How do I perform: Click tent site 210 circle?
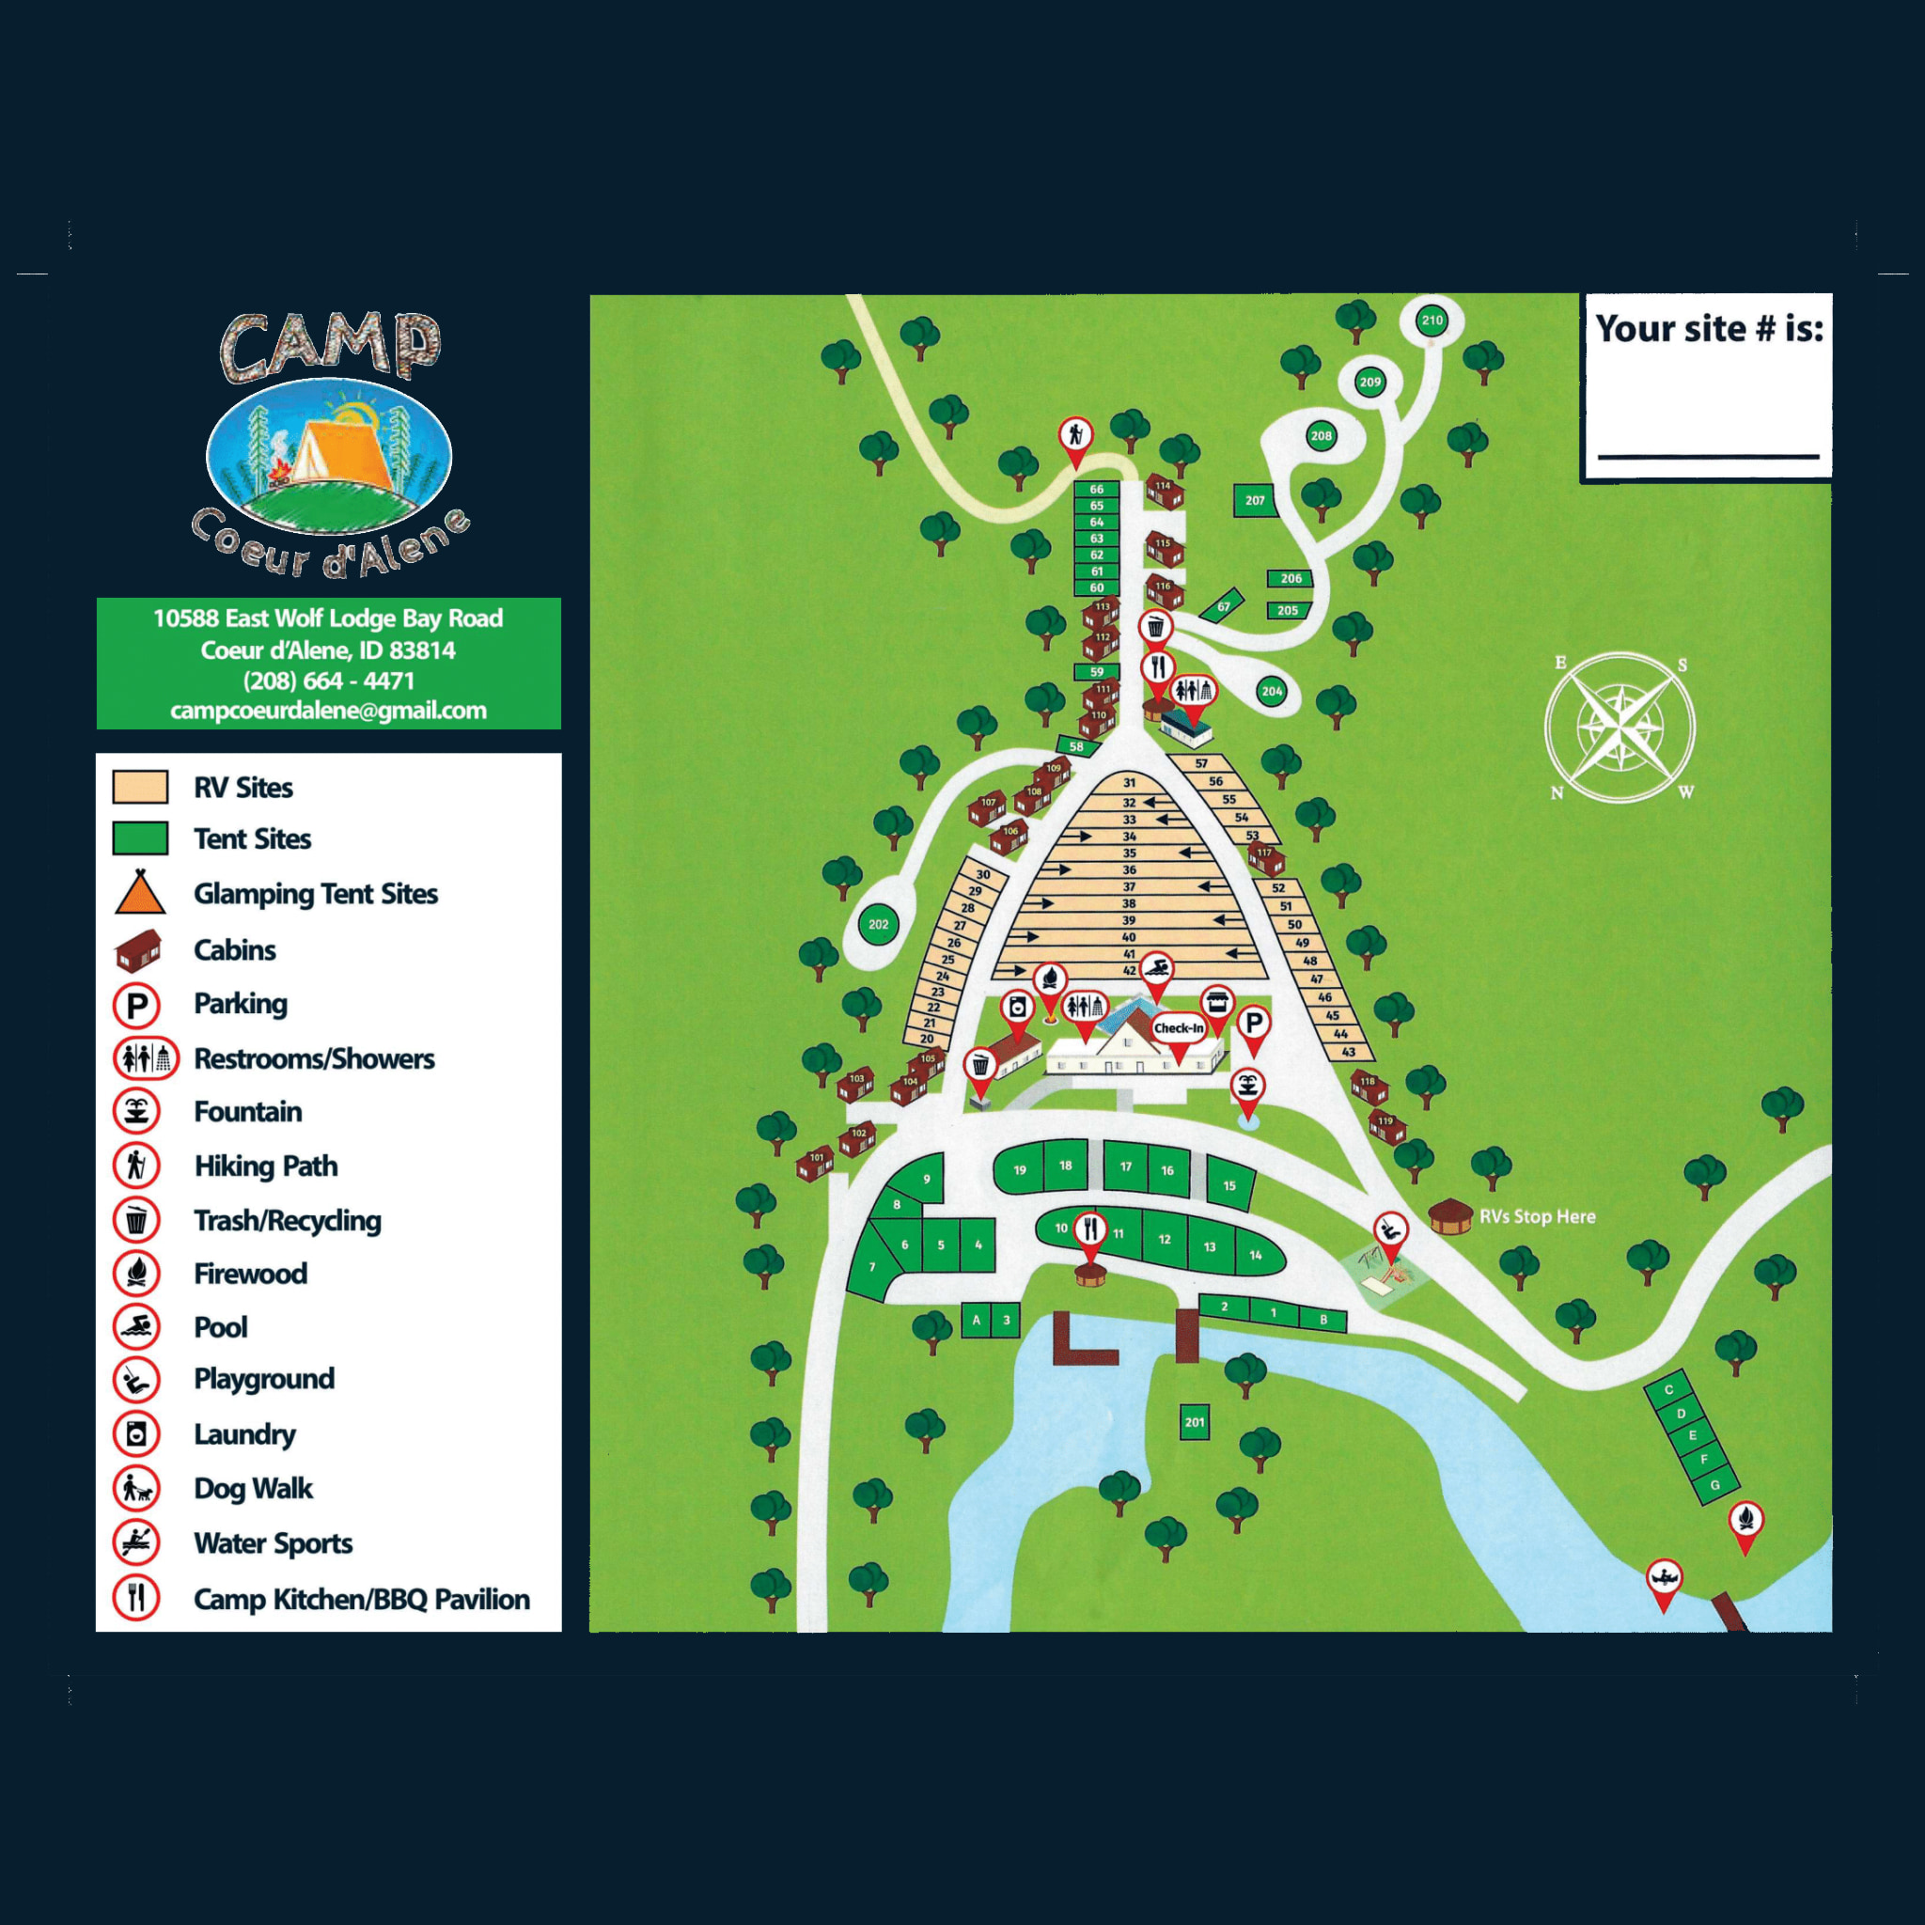pyautogui.click(x=1432, y=320)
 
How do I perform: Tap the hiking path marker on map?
pyautogui.click(x=1075, y=435)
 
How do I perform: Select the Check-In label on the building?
pyautogui.click(x=1178, y=1027)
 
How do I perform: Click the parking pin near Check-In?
pyautogui.click(x=1254, y=1024)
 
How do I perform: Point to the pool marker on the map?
pyautogui.click(x=1156, y=968)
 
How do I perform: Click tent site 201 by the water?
pyautogui.click(x=1195, y=1422)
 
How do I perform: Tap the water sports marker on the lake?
pyautogui.click(x=1663, y=1578)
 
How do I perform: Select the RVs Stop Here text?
pyautogui.click(x=1537, y=1216)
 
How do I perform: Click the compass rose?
pyautogui.click(x=1620, y=728)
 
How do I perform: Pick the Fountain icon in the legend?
pyautogui.click(x=136, y=1111)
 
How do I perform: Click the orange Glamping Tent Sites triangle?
pyautogui.click(x=139, y=893)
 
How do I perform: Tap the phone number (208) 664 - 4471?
pyautogui.click(x=328, y=681)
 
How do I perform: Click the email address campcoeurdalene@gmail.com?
pyautogui.click(x=328, y=711)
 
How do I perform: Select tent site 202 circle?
pyautogui.click(x=878, y=924)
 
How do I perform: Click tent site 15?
pyautogui.click(x=1229, y=1184)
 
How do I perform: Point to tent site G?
pyautogui.click(x=1714, y=1484)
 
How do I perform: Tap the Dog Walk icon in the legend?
pyautogui.click(x=136, y=1489)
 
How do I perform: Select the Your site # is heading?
pyautogui.click(x=1709, y=328)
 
